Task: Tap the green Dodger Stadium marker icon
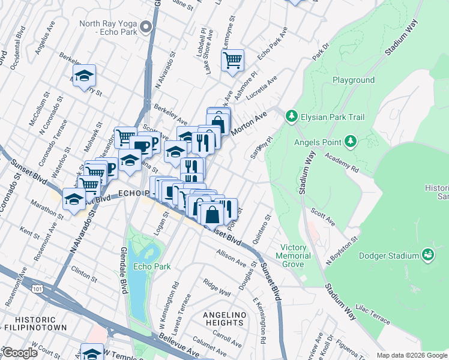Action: tap(428, 256)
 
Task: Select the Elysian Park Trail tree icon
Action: tap(291, 115)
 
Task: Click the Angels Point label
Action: tap(317, 142)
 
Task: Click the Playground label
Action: tap(354, 80)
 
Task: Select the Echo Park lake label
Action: tap(152, 266)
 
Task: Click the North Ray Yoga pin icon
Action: tap(146, 27)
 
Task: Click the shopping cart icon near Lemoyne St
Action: tap(232, 59)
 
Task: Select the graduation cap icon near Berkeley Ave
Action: tap(85, 76)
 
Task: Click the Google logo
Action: tap(20, 353)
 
